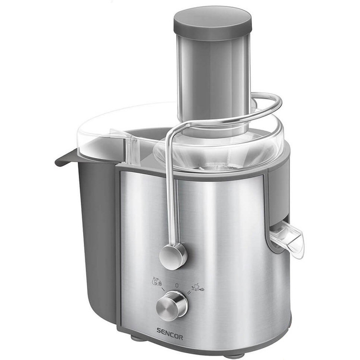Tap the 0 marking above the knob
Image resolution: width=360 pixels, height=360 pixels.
[x=177, y=286]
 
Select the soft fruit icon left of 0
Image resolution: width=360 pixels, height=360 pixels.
[x=157, y=281]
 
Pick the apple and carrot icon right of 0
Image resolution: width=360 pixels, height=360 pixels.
[x=198, y=287]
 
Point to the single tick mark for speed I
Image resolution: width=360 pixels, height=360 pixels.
[x=163, y=290]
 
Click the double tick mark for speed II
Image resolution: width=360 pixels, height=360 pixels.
[x=189, y=292]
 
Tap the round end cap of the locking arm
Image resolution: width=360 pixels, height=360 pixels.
[x=173, y=256]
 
